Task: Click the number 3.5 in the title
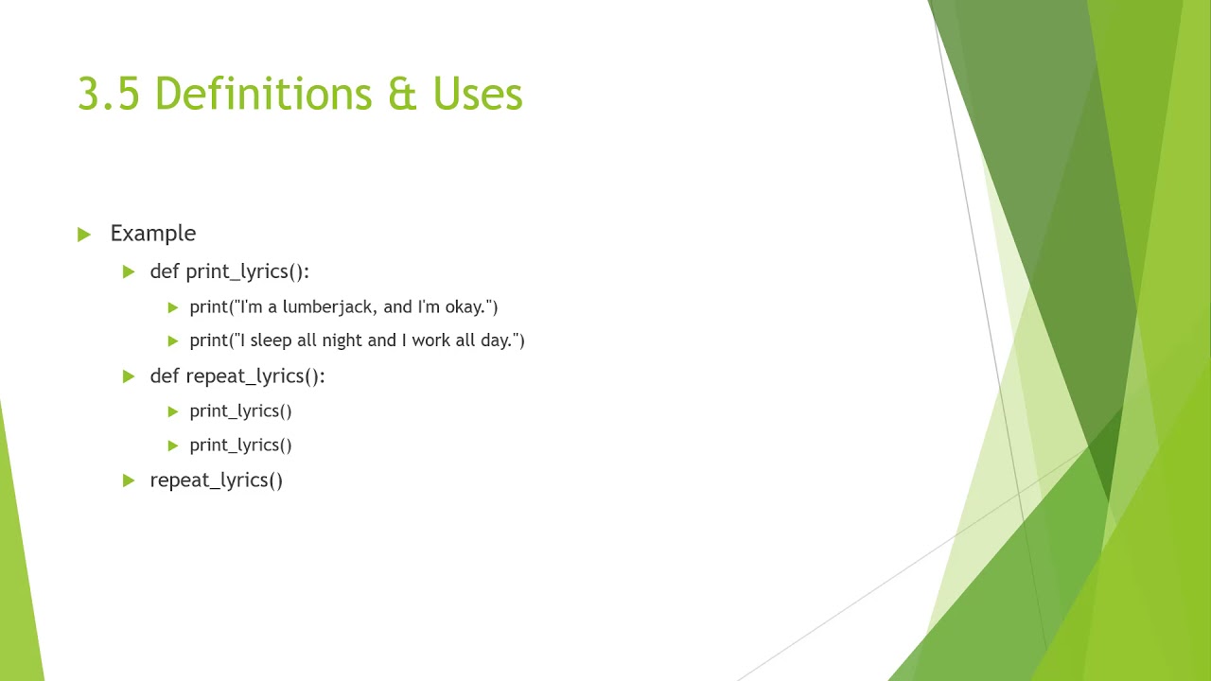click(109, 95)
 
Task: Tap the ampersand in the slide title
click(402, 95)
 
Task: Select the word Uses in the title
click(478, 95)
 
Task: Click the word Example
click(153, 234)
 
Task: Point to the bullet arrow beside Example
click(84, 235)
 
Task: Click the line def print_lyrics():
click(229, 272)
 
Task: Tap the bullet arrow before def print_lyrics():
click(129, 272)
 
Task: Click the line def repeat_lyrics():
click(237, 376)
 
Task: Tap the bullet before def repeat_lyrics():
click(129, 376)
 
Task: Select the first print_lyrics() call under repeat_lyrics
click(240, 411)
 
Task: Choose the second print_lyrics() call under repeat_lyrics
click(240, 445)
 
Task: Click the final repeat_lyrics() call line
click(217, 480)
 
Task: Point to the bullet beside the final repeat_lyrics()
click(129, 480)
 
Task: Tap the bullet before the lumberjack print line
click(173, 307)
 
